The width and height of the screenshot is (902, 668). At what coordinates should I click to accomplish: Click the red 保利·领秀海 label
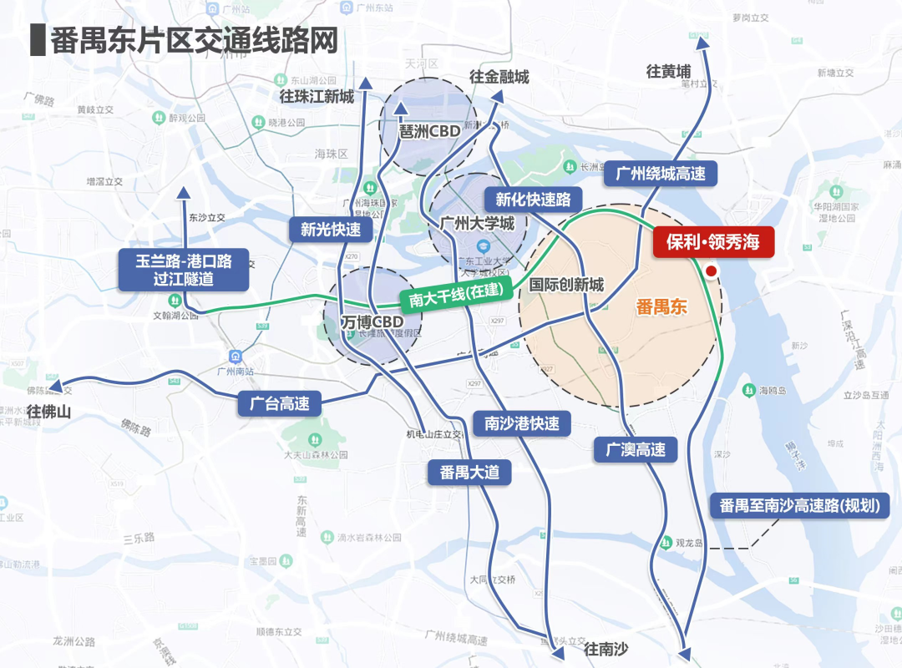(713, 243)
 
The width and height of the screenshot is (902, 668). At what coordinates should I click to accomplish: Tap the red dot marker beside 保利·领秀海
(712, 271)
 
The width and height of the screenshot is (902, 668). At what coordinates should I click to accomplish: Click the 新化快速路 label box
(533, 200)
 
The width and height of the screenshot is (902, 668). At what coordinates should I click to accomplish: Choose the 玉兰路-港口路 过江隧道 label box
(184, 270)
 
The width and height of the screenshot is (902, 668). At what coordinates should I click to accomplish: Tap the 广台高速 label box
(279, 404)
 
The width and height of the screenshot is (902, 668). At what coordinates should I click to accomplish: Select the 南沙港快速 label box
(522, 423)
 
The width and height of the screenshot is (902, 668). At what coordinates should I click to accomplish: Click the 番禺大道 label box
(469, 472)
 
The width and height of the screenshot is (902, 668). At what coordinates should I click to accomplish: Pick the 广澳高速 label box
(636, 449)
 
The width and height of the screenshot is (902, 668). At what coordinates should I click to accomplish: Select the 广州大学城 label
(477, 223)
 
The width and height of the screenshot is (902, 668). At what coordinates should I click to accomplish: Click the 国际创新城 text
(566, 286)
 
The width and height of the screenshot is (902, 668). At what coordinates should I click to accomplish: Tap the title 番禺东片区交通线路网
(194, 40)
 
